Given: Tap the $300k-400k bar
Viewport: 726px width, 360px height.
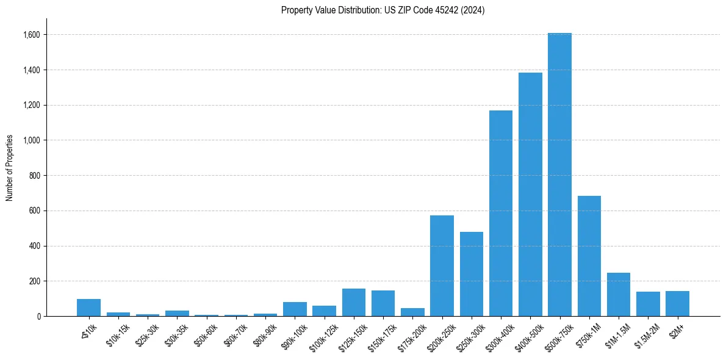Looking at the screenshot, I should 501,213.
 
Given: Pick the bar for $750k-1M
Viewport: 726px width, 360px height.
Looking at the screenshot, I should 589,256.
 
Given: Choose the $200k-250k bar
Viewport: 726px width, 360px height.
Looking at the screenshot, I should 442,265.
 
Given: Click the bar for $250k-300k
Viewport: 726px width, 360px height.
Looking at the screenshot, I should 472,274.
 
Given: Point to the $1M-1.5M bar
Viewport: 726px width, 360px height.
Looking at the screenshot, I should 619,294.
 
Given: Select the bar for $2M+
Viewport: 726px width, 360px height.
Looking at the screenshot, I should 677,303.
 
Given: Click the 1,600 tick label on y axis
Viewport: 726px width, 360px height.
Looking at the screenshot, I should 32,35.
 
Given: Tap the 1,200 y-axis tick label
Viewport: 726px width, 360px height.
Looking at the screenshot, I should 32,105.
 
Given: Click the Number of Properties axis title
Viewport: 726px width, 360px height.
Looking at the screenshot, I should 10,167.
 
